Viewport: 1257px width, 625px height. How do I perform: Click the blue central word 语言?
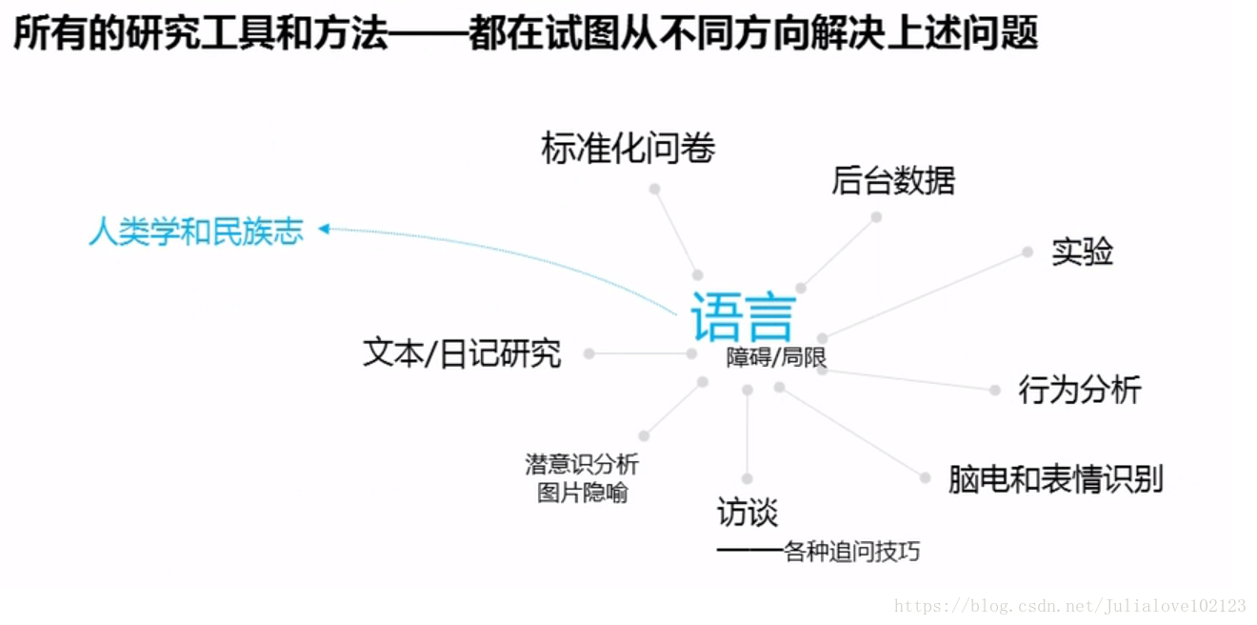click(743, 316)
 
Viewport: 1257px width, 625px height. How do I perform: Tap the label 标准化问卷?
click(628, 149)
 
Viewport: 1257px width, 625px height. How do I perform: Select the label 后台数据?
click(892, 180)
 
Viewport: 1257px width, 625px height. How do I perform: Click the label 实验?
click(1082, 252)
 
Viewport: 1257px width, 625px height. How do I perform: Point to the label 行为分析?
click(1079, 390)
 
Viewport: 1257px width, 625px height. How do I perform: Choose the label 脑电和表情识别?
click(1055, 479)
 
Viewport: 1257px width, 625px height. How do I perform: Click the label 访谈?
click(748, 514)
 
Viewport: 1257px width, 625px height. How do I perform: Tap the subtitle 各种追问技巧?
click(851, 552)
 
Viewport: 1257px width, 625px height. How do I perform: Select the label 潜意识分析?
click(582, 464)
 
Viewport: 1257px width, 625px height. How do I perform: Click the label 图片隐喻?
click(582, 494)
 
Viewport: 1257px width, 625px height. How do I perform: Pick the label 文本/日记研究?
click(462, 353)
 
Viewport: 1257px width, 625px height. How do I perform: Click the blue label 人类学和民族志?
click(196, 232)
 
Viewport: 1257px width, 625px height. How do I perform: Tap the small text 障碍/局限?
click(776, 358)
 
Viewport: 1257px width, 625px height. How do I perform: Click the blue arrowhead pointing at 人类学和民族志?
click(324, 229)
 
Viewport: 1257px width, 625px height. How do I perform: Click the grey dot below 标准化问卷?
click(654, 189)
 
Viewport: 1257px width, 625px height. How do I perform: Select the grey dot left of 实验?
click(1028, 252)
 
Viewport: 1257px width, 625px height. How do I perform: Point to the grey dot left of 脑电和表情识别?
click(925, 478)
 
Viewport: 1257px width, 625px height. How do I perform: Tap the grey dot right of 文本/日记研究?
click(589, 353)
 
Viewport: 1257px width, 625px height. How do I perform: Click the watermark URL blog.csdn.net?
click(1070, 606)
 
